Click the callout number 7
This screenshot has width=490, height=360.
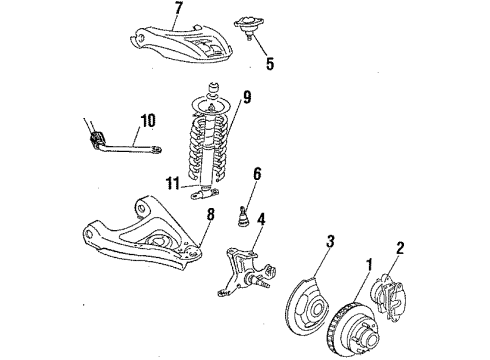click(179, 12)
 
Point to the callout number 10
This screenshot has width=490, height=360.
click(147, 121)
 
